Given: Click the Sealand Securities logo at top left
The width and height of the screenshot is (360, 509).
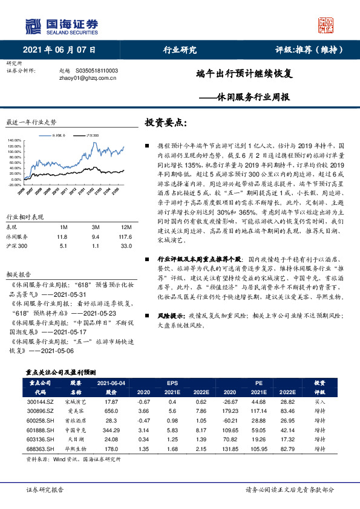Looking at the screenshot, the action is tap(61, 26).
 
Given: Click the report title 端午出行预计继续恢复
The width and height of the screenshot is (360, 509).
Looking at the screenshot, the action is tap(244, 74).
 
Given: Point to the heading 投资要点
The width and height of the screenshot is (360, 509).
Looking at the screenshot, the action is tap(166, 122).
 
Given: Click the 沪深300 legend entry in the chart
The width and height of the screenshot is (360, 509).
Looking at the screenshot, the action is tap(93, 135).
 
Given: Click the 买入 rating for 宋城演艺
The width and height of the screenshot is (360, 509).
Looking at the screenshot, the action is tap(320, 401).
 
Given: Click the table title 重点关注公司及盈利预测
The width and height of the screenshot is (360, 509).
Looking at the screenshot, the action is tap(61, 372).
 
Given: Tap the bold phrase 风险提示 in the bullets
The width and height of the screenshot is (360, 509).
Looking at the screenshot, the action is tap(171, 316).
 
